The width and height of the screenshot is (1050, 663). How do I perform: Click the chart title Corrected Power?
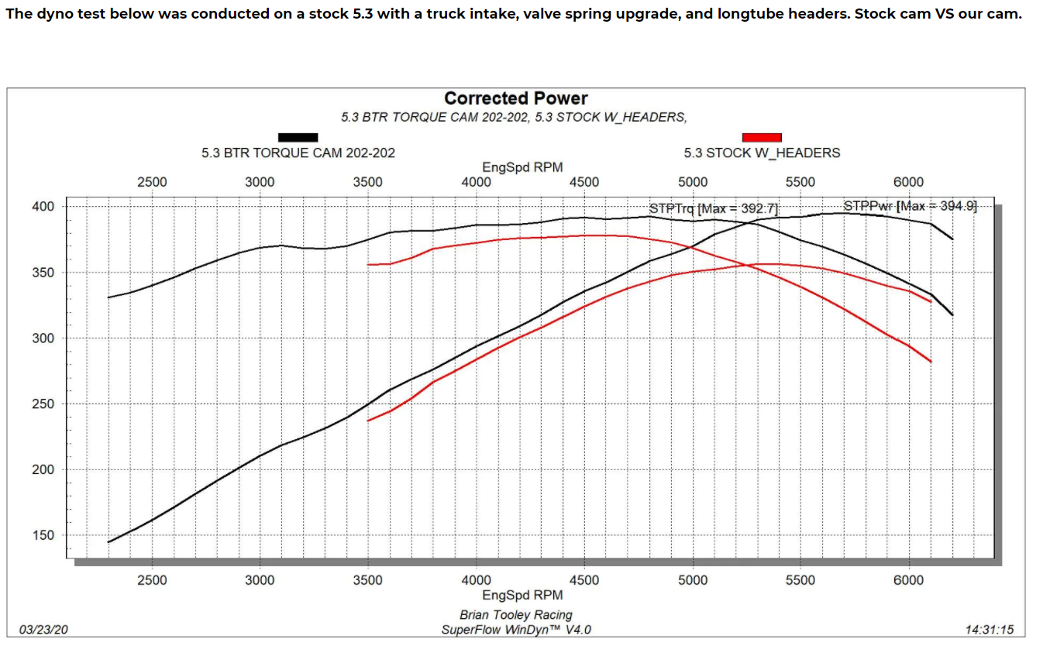click(x=515, y=98)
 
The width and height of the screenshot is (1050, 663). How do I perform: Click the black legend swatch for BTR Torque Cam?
click(x=298, y=137)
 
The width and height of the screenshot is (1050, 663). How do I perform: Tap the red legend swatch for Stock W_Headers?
click(x=761, y=137)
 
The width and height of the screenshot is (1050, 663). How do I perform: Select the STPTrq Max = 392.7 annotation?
click(x=713, y=208)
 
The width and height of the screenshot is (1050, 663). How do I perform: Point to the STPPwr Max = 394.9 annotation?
click(x=910, y=206)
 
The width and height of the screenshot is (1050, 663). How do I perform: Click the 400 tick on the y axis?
click(x=43, y=207)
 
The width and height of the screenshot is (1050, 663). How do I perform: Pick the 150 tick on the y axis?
click(x=43, y=535)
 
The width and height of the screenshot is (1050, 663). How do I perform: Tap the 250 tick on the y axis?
click(x=43, y=404)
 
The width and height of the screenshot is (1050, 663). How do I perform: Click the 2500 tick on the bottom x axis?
click(x=152, y=580)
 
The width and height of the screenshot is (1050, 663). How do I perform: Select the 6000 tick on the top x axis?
click(x=909, y=182)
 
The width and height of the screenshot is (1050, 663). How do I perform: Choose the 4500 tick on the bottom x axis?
click(x=584, y=580)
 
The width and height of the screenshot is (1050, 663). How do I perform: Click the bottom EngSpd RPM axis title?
click(x=522, y=595)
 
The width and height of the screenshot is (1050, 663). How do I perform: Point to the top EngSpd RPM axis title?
click(x=522, y=167)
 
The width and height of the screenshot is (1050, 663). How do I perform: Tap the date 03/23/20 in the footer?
click(x=43, y=630)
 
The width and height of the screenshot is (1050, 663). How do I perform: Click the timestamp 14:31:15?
click(x=990, y=630)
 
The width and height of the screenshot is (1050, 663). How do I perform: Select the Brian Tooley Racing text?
click(x=516, y=615)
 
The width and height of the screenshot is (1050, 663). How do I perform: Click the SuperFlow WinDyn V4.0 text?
click(x=516, y=630)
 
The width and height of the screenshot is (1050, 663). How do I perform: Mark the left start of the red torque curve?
click(x=368, y=265)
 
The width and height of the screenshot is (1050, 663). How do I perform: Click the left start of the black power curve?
click(x=108, y=542)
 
